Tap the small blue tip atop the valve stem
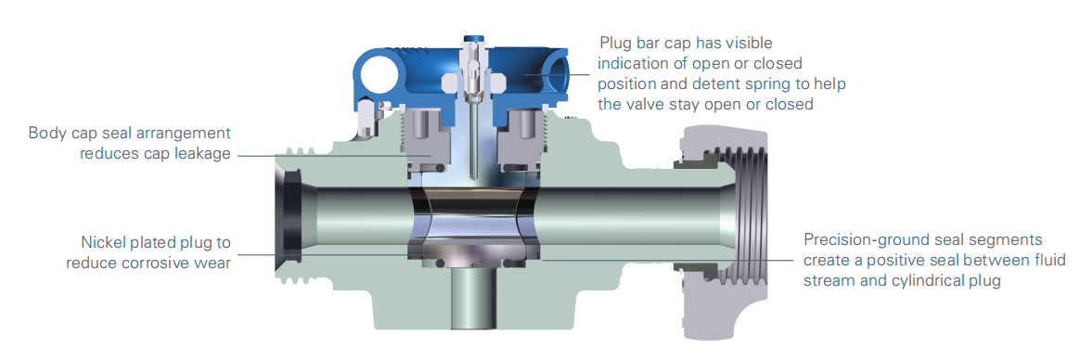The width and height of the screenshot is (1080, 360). [472, 40]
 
